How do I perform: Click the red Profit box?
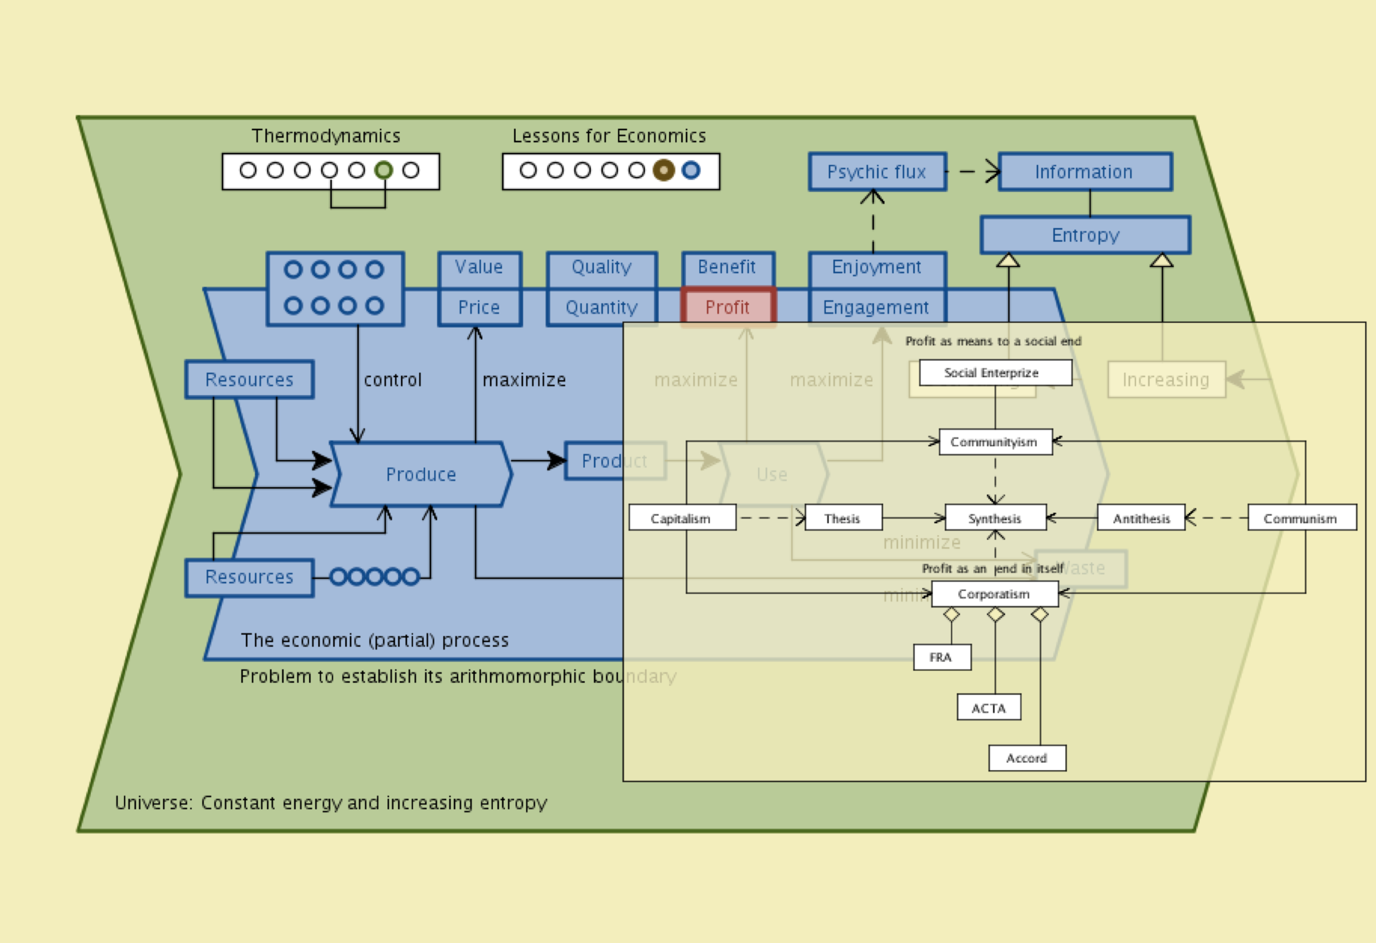click(728, 307)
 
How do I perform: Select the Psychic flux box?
click(877, 172)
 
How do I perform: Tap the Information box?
click(1084, 172)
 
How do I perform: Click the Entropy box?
click(1085, 235)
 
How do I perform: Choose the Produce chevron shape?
click(421, 474)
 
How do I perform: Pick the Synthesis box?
click(995, 518)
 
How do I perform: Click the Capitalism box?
click(682, 518)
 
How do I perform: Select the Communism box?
click(1301, 518)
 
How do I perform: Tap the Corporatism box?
click(994, 594)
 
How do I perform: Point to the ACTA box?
click(989, 708)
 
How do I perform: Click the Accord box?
click(1027, 758)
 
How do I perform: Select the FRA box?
click(941, 657)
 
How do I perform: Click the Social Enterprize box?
click(995, 372)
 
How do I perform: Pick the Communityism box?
click(995, 442)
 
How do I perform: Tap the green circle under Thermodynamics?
click(384, 171)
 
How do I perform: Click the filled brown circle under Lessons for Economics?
click(664, 171)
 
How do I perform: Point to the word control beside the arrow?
click(393, 380)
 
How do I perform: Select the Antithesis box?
click(1141, 518)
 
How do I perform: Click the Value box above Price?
click(479, 268)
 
